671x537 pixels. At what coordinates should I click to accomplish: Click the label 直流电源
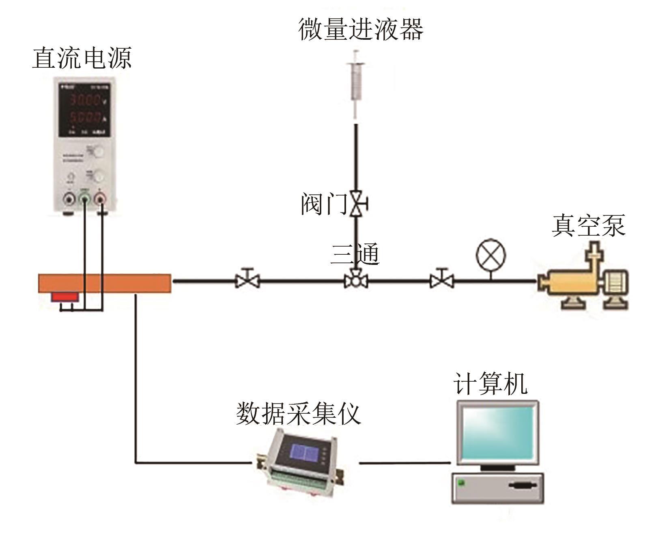pos(82,58)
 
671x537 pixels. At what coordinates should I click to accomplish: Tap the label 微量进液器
pos(360,29)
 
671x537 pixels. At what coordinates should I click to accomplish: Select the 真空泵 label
pos(588,226)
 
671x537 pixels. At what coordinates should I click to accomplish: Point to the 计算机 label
pos(490,383)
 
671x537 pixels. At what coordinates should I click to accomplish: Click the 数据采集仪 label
pos(298,414)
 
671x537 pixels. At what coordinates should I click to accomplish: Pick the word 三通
pos(355,254)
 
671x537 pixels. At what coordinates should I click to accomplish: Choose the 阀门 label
pos(323,204)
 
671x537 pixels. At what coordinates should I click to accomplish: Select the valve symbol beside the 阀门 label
pos(357,203)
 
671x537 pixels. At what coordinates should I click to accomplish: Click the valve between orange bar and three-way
pos(247,279)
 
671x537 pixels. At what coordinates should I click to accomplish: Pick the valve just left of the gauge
pos(442,279)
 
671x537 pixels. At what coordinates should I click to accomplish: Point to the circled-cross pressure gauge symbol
pos(490,256)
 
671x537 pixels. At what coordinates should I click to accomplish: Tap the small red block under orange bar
pos(65,297)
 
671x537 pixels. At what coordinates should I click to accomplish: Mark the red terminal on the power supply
pos(100,200)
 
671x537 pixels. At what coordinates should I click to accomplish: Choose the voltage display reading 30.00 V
pos(85,100)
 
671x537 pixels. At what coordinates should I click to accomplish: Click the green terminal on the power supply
pos(84,200)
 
